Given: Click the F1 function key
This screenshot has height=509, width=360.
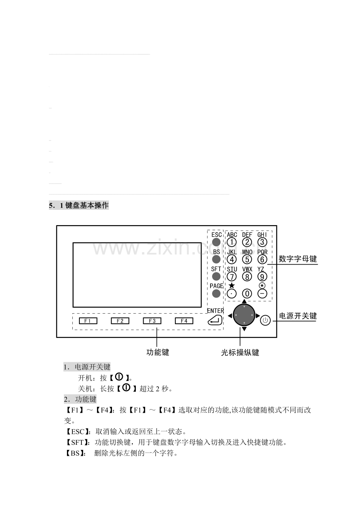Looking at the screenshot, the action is (88, 321).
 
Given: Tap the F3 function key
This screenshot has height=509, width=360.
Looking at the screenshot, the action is (152, 321).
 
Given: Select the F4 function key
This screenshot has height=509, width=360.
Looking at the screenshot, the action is (184, 321).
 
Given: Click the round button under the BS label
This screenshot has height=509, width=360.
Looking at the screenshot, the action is (216, 259).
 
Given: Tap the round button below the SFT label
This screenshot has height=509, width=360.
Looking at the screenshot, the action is (216, 276).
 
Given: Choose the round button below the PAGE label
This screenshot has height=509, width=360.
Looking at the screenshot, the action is (216, 294).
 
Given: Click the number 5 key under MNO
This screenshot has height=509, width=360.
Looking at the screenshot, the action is (247, 259).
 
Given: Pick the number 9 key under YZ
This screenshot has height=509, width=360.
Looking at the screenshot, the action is (262, 276).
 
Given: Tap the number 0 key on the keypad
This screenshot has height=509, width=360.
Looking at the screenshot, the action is (247, 294).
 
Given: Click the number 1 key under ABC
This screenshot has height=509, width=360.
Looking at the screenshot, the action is (232, 242).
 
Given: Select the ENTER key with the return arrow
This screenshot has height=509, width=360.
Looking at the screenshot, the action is (215, 320).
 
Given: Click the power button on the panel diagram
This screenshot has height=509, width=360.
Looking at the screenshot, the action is (265, 320).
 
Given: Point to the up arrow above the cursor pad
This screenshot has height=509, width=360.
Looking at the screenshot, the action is (244, 301).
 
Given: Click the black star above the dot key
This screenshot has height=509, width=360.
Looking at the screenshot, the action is (231, 285).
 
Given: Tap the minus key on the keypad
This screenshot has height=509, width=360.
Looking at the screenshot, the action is (262, 294).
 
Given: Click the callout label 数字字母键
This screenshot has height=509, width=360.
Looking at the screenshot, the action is (298, 259).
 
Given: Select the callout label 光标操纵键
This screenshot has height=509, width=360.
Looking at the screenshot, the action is (240, 352).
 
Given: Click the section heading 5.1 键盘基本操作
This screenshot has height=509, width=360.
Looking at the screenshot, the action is (79, 206).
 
